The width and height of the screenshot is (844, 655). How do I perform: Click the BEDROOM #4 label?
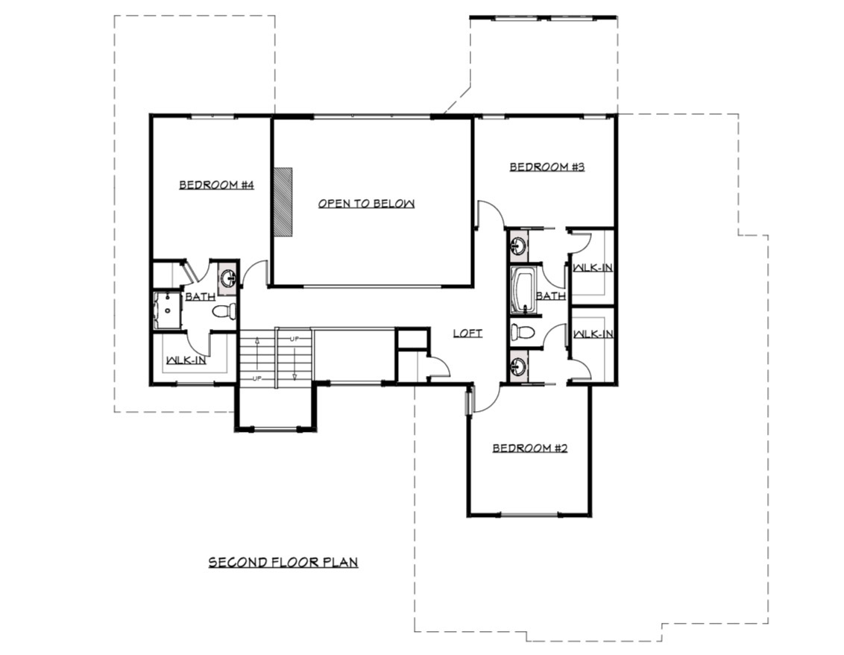216,185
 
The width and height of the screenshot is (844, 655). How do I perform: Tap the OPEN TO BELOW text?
366,204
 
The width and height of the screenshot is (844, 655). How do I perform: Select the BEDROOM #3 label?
547,167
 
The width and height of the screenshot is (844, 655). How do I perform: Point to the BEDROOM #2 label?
530,448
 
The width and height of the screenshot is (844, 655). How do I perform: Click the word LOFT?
467,333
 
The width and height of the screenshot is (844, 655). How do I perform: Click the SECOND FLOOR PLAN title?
283,562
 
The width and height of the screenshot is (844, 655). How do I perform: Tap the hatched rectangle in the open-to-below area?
283,202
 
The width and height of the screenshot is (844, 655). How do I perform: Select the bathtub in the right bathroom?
522,290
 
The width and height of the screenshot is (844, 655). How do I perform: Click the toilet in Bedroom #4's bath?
224,311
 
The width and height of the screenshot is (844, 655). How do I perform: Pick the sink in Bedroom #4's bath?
228,278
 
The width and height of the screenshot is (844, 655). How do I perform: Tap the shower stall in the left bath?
168,310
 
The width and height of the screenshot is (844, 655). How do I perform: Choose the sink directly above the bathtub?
518,246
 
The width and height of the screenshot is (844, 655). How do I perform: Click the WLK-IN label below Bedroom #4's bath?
186,360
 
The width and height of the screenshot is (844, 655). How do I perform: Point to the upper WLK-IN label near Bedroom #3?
593,267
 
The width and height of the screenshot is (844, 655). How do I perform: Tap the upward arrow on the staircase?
257,356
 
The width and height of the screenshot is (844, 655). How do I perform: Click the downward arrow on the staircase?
295,362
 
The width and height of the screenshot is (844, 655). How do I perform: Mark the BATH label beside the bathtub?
551,296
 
